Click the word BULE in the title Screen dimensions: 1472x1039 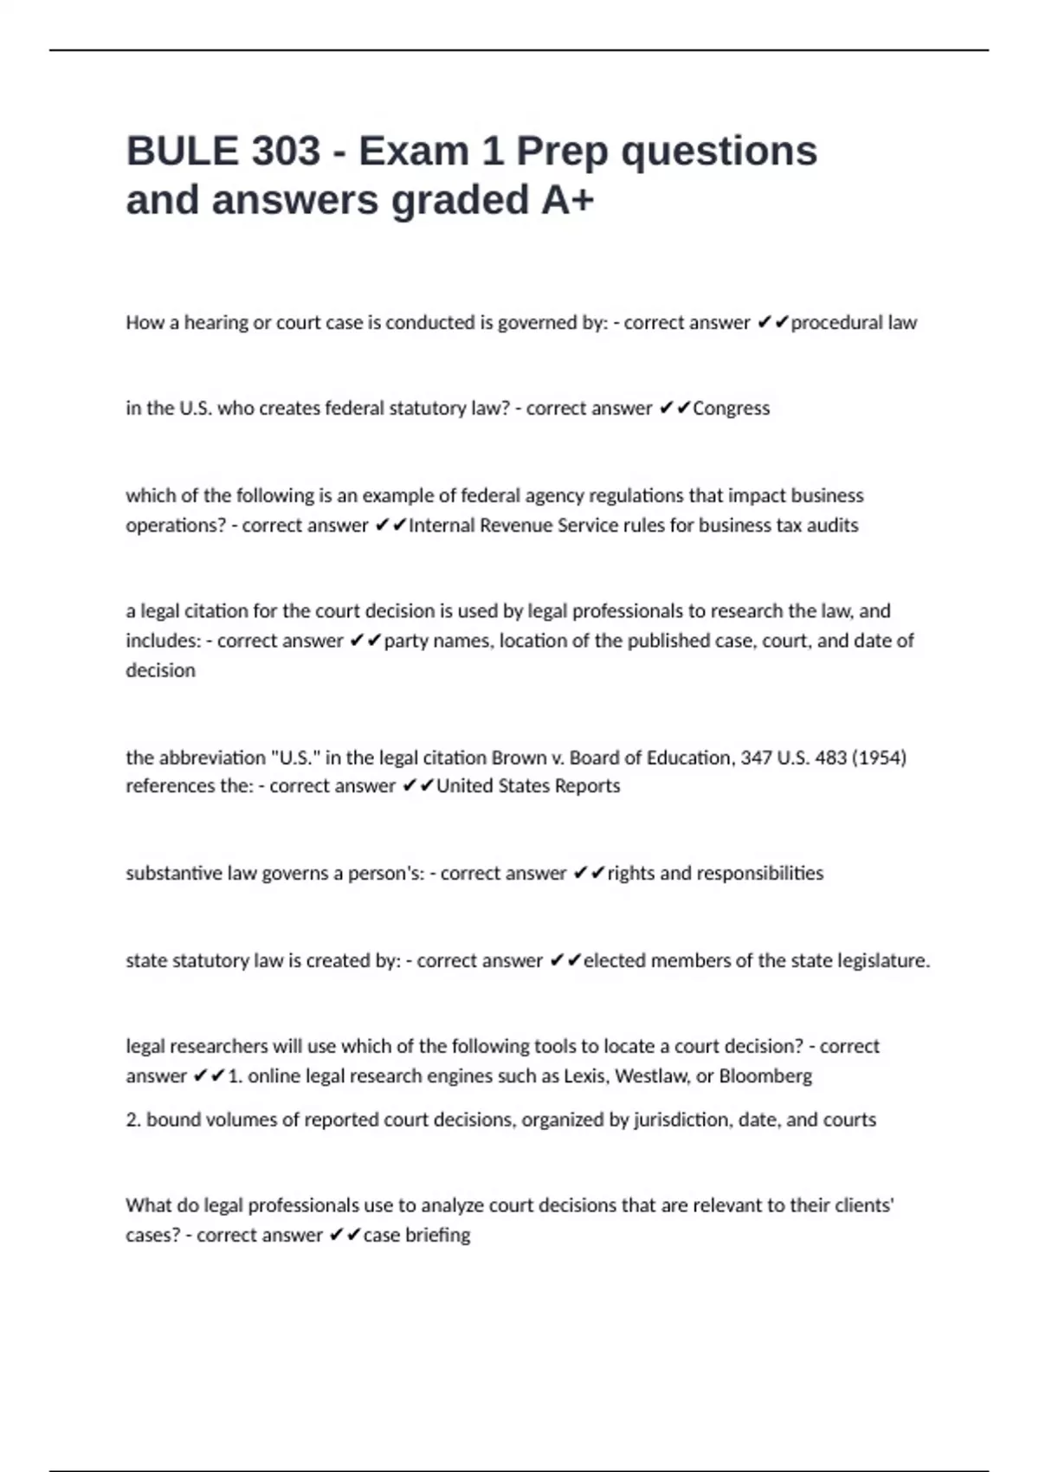point(182,152)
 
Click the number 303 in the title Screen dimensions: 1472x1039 point(286,152)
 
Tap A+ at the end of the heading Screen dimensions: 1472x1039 point(568,200)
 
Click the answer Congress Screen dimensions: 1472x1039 point(731,408)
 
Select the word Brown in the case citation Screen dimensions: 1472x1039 point(519,758)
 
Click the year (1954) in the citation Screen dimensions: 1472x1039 point(879,758)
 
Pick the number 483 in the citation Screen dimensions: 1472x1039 point(831,758)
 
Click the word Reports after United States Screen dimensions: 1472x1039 point(589,786)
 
